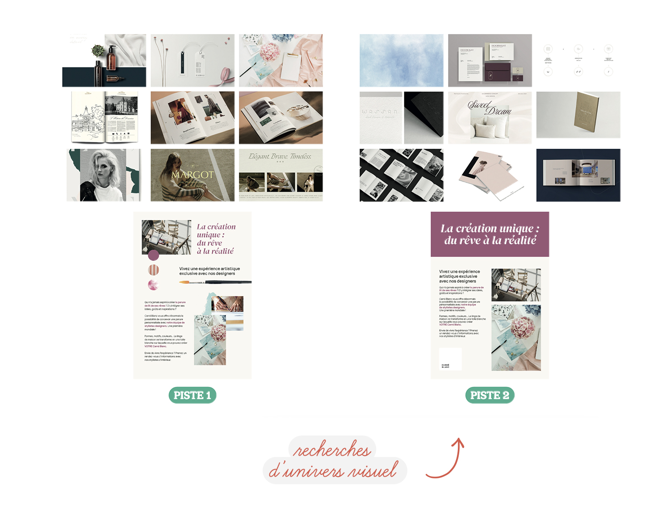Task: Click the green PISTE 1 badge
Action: pos(192,395)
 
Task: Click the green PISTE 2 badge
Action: pos(490,395)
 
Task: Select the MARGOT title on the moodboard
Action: pos(193,175)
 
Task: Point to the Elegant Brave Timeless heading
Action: pos(280,156)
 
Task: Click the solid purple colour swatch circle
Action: pos(154,255)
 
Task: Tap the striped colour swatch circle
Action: pos(154,270)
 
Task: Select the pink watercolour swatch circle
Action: pos(153,285)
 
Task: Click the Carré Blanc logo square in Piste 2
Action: pos(450,359)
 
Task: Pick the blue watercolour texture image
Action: pos(401,60)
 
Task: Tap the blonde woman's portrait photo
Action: pos(104,175)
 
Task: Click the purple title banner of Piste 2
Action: pos(490,234)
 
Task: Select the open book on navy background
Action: pos(578,175)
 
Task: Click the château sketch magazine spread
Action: pos(105,117)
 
